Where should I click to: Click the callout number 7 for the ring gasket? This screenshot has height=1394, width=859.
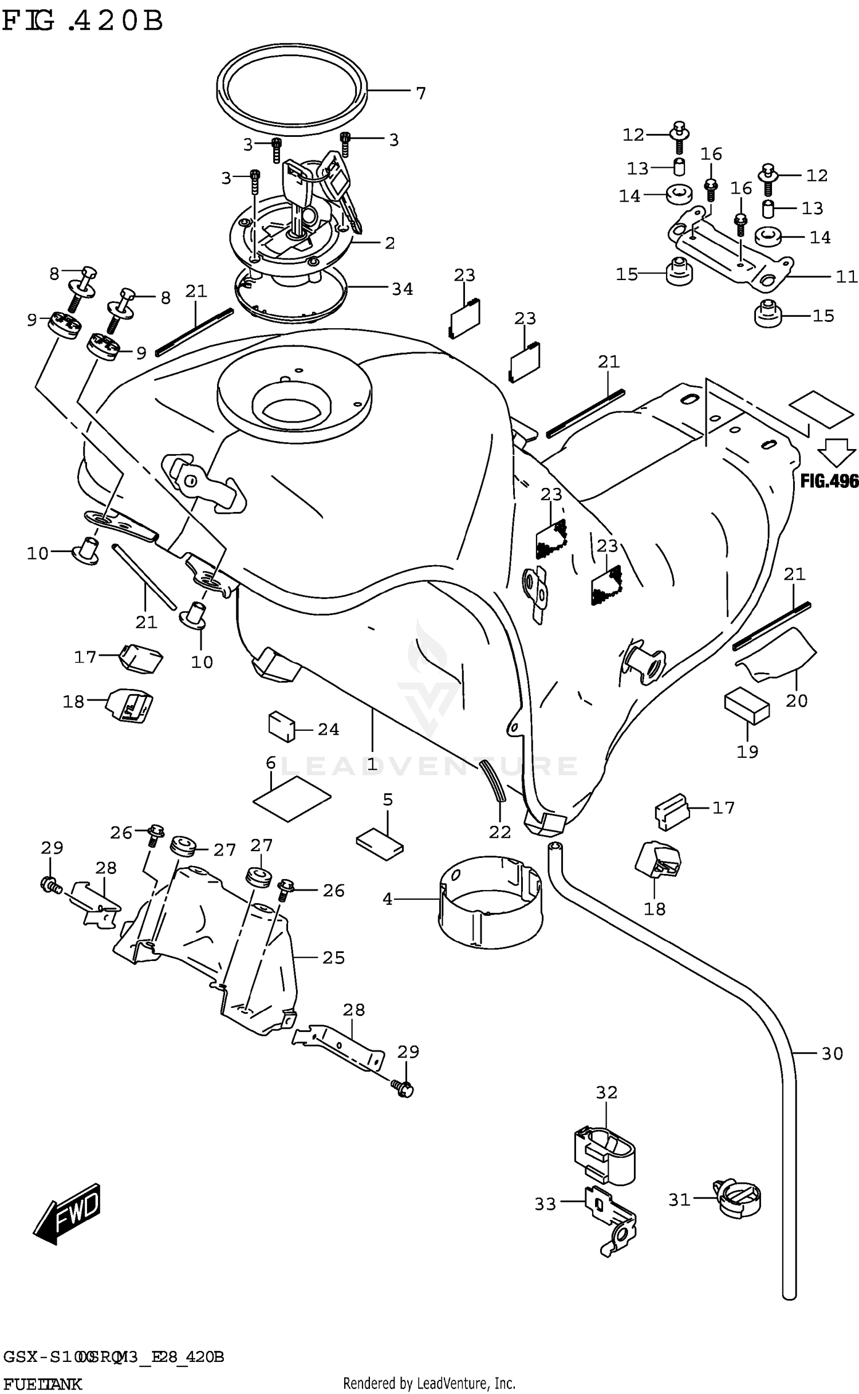point(421,93)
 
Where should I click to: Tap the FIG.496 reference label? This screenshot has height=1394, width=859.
point(829,481)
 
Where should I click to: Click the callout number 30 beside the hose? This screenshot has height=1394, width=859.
point(832,1053)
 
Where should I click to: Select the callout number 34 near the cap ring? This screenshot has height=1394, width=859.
point(402,289)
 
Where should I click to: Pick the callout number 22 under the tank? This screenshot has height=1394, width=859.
point(499,832)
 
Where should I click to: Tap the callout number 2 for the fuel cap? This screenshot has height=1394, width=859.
point(390,243)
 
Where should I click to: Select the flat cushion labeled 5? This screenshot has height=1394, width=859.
point(380,844)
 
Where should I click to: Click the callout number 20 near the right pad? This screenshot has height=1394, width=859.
point(796,700)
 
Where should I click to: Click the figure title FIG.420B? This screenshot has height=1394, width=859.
point(83,21)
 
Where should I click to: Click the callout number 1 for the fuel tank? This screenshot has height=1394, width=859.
point(371,763)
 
